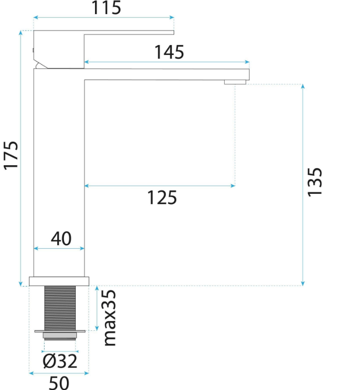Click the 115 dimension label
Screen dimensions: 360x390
(x=106, y=7)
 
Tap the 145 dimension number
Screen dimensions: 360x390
(x=169, y=52)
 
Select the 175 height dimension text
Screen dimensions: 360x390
(x=11, y=155)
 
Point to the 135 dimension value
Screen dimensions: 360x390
(x=315, y=182)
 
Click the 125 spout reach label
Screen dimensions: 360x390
(x=162, y=198)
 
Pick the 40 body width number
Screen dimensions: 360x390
(x=61, y=238)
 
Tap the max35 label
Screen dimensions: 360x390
(x=109, y=318)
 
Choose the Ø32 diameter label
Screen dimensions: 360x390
(x=60, y=361)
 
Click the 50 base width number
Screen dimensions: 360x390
(x=59, y=383)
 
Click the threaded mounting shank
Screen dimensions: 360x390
(x=60, y=308)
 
